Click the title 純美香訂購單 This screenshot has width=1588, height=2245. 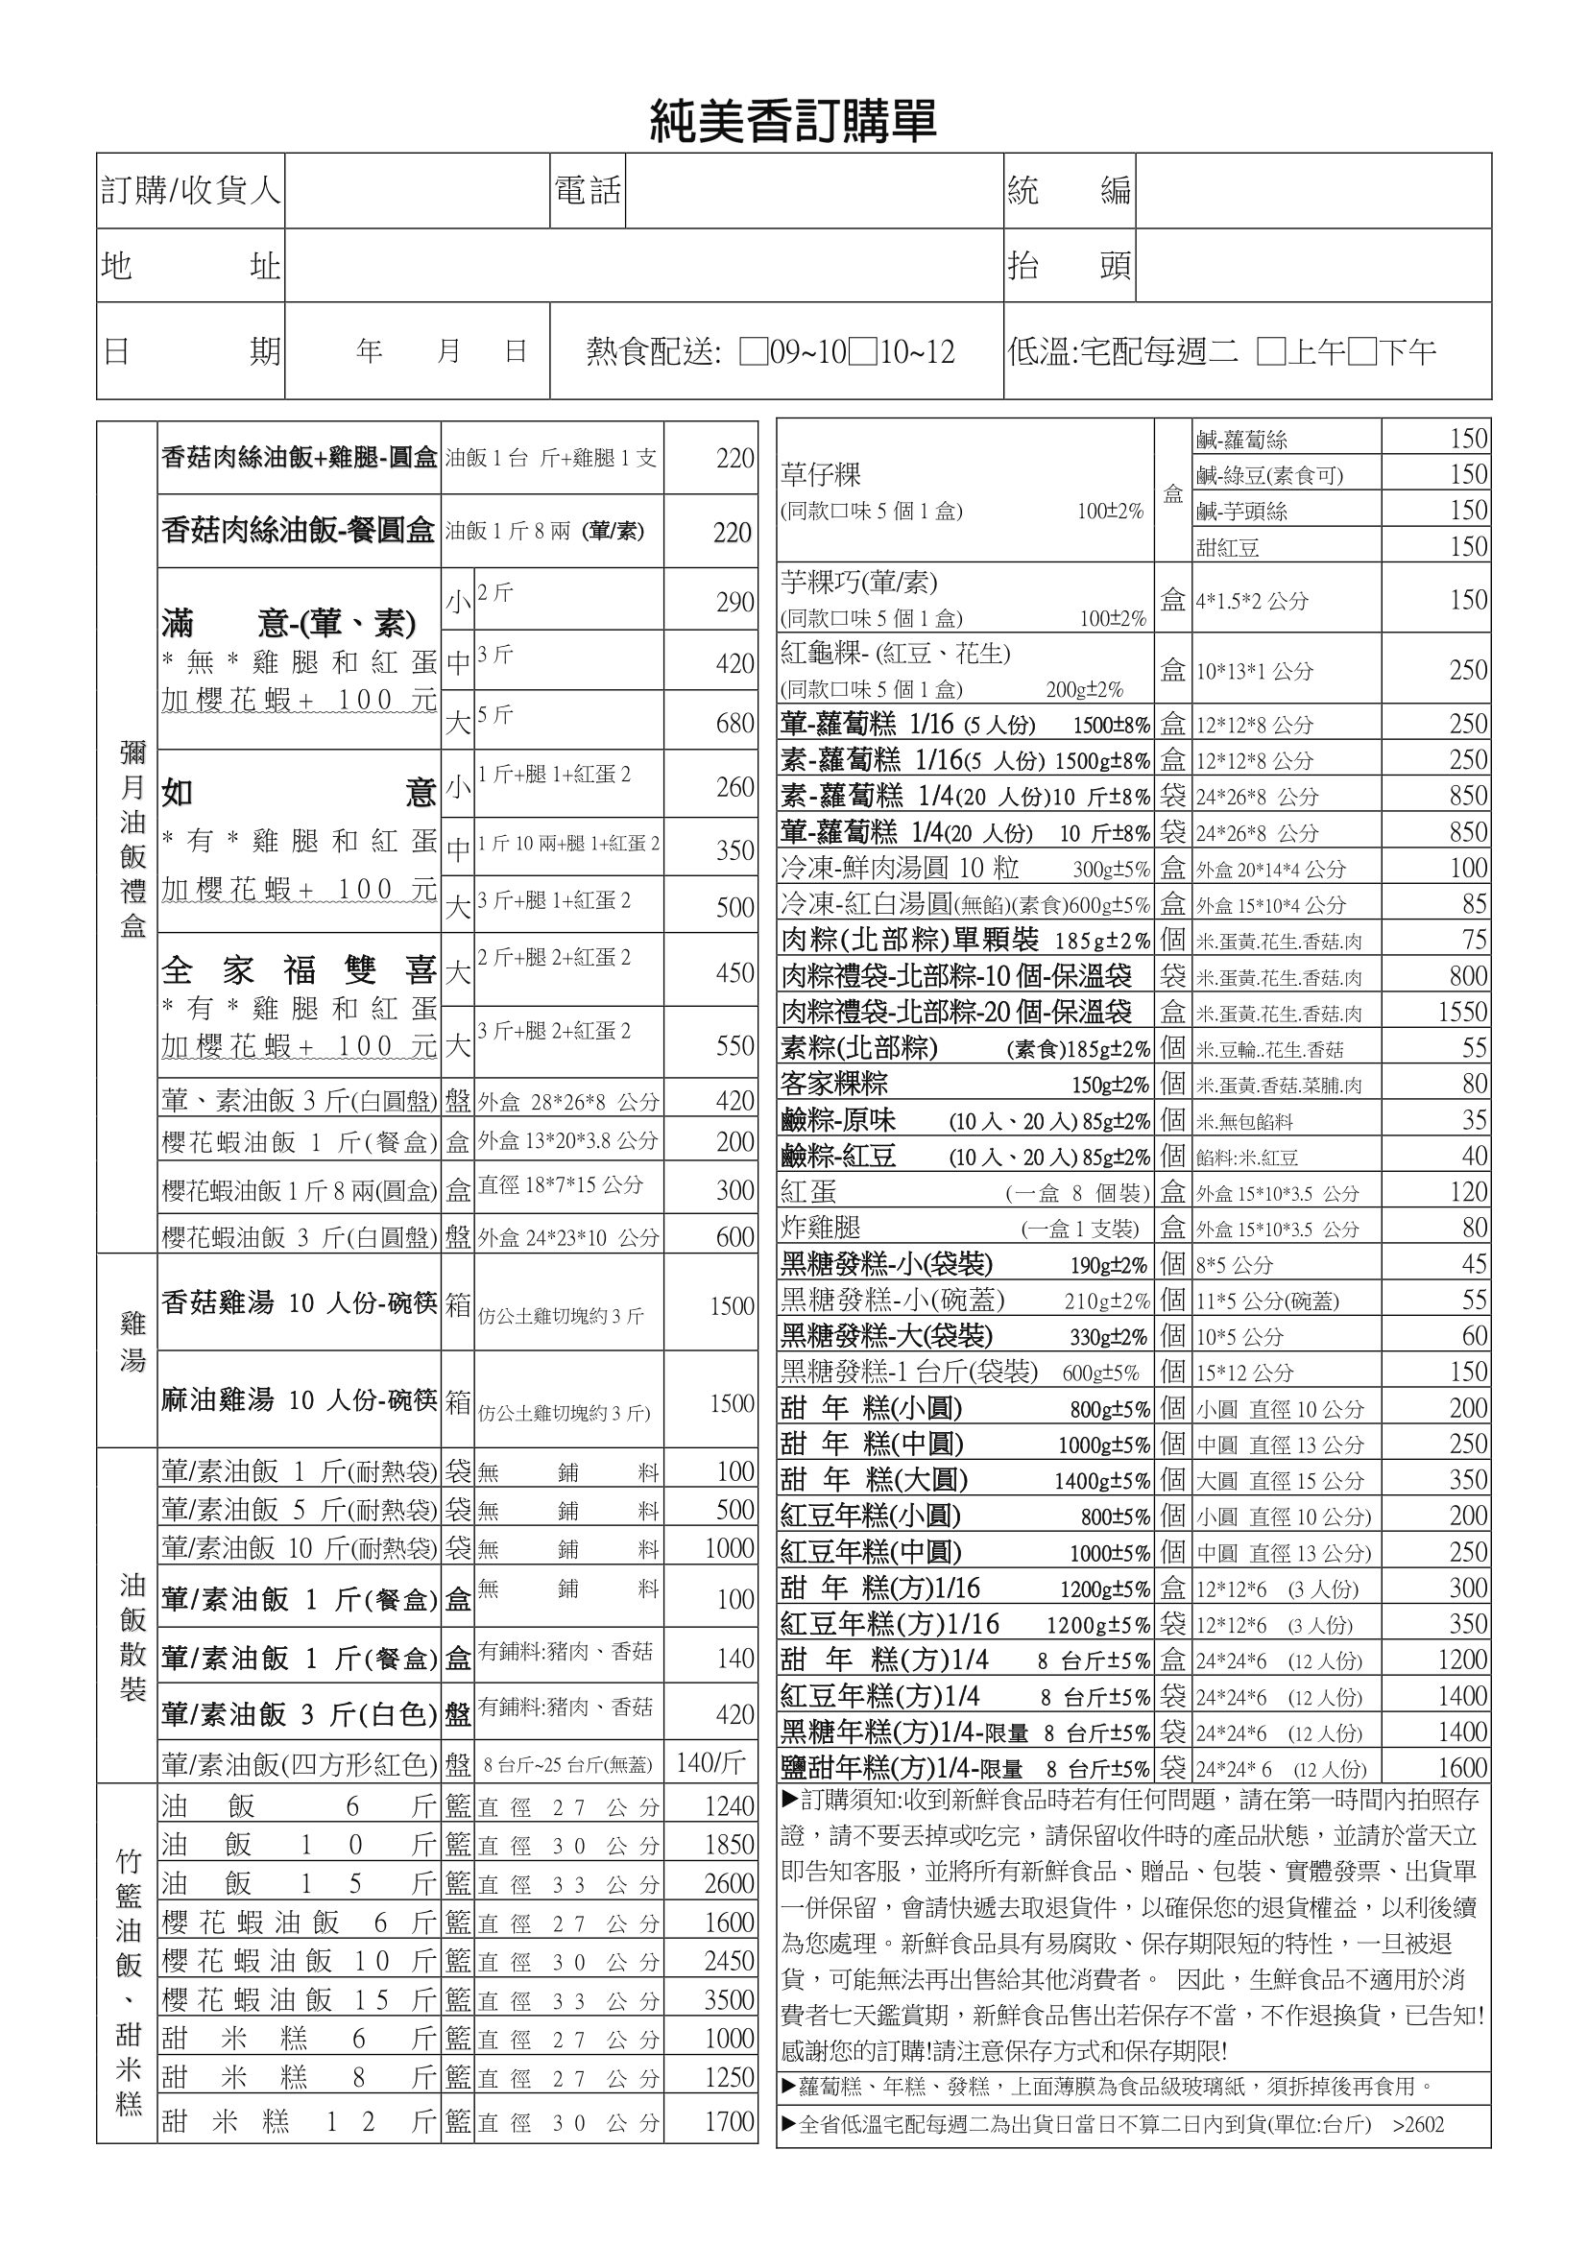793,121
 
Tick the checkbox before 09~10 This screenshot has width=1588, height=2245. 753,352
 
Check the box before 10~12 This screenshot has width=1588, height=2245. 862,352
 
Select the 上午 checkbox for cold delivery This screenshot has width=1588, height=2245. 1271,352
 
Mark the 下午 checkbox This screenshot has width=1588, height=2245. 1362,352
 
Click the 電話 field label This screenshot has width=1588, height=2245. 588,190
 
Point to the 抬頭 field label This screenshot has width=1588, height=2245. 1069,265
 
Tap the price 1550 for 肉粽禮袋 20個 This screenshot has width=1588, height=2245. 1462,1012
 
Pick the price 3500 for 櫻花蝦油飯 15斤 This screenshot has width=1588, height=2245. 730,1999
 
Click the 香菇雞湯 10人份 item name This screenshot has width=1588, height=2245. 299,1303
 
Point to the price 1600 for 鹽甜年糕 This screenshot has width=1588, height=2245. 1462,1768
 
